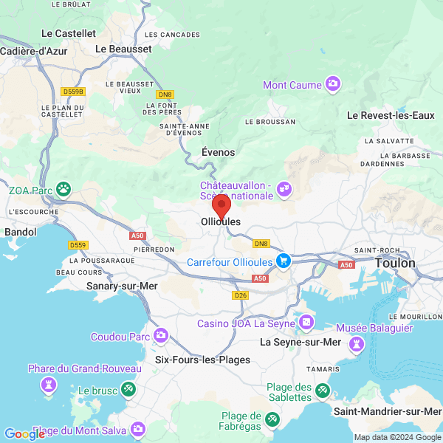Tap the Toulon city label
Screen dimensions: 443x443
pyautogui.click(x=395, y=263)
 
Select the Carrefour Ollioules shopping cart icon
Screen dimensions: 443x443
pyautogui.click(x=283, y=261)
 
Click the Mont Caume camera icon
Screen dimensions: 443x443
pyautogui.click(x=333, y=84)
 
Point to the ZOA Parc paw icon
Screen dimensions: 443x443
pyautogui.click(x=65, y=190)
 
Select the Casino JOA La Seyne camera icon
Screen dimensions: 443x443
pyautogui.click(x=306, y=323)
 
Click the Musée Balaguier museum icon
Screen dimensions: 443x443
pyautogui.click(x=357, y=343)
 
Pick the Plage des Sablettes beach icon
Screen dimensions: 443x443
pyautogui.click(x=322, y=390)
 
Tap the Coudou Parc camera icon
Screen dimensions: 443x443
pyautogui.click(x=161, y=337)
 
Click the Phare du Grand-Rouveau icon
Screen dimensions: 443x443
pyautogui.click(x=49, y=385)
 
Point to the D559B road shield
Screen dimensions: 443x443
pyautogui.click(x=74, y=92)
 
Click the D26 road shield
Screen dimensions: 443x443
pyautogui.click(x=240, y=295)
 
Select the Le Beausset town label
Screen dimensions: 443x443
pyautogui.click(x=123, y=49)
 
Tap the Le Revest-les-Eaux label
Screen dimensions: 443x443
pyautogui.click(x=391, y=115)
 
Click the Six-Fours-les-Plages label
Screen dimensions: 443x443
pyautogui.click(x=202, y=360)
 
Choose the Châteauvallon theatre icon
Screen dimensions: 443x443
pyautogui.click(x=284, y=191)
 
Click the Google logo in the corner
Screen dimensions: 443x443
pyautogui.click(x=24, y=434)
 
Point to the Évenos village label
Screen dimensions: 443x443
pyautogui.click(x=218, y=152)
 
